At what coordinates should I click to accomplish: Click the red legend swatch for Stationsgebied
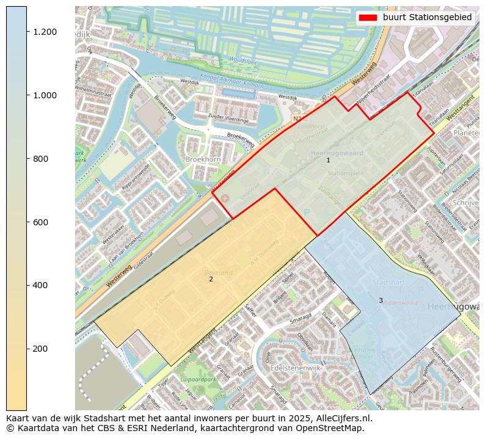[x=368, y=17]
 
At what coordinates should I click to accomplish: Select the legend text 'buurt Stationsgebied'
[x=428, y=17]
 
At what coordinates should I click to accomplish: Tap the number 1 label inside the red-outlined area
[x=328, y=161]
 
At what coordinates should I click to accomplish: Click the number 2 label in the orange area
[x=211, y=279]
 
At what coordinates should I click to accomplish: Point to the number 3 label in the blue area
[x=380, y=300]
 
